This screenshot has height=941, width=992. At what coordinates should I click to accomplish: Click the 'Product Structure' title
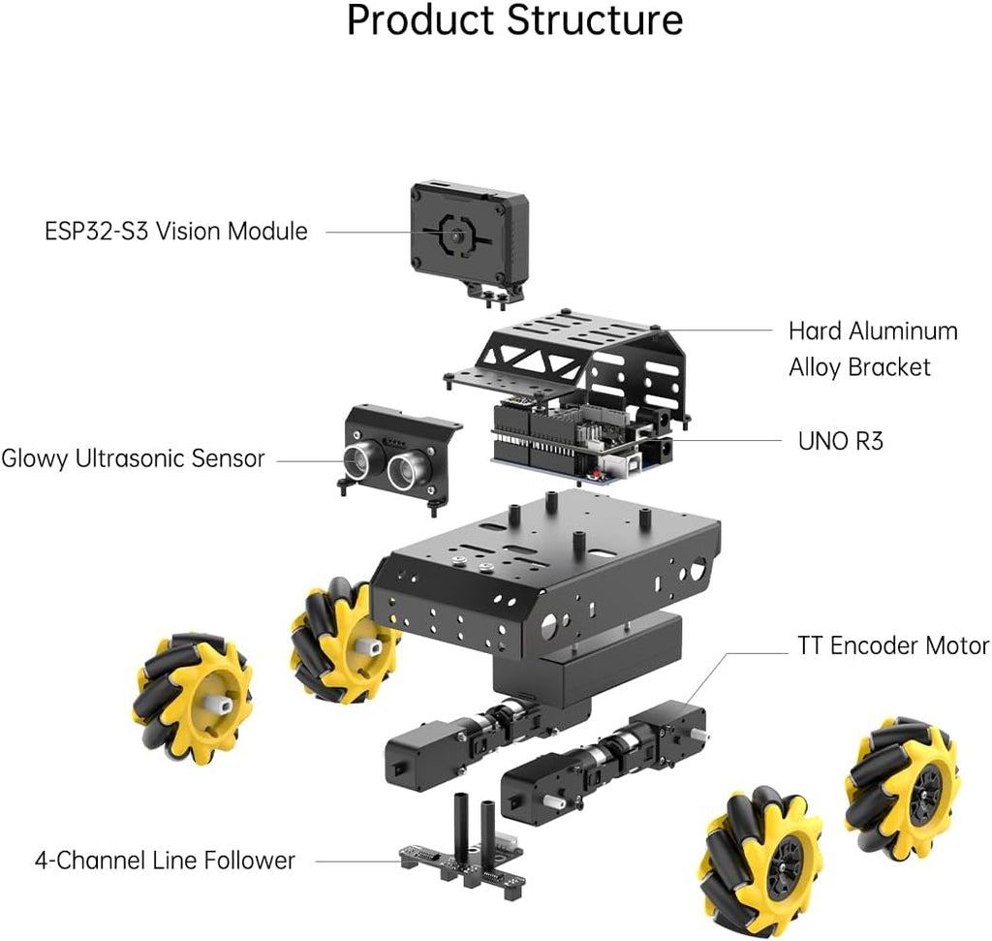click(514, 21)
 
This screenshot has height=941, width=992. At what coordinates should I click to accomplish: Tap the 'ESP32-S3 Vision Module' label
click(175, 232)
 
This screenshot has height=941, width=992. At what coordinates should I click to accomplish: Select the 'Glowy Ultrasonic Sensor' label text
click(133, 458)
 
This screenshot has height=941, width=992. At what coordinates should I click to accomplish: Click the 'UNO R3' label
click(840, 441)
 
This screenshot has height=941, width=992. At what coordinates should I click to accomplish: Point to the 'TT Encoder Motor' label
click(892, 646)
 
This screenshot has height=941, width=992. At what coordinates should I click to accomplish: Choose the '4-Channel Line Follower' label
click(165, 860)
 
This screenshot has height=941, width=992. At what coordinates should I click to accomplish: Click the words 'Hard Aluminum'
click(872, 331)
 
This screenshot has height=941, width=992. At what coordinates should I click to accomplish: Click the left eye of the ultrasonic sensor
click(360, 459)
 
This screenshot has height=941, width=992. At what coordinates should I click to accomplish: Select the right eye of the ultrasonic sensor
click(406, 471)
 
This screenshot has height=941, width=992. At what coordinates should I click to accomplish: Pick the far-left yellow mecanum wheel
click(192, 698)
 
